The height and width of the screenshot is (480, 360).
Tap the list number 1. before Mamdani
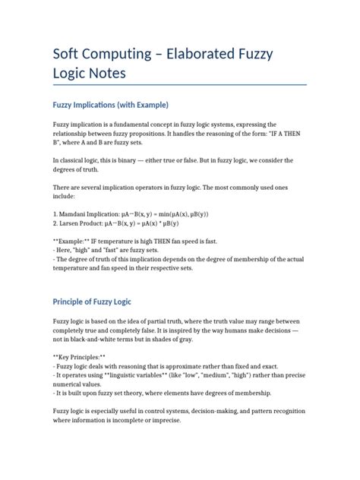(55, 213)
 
